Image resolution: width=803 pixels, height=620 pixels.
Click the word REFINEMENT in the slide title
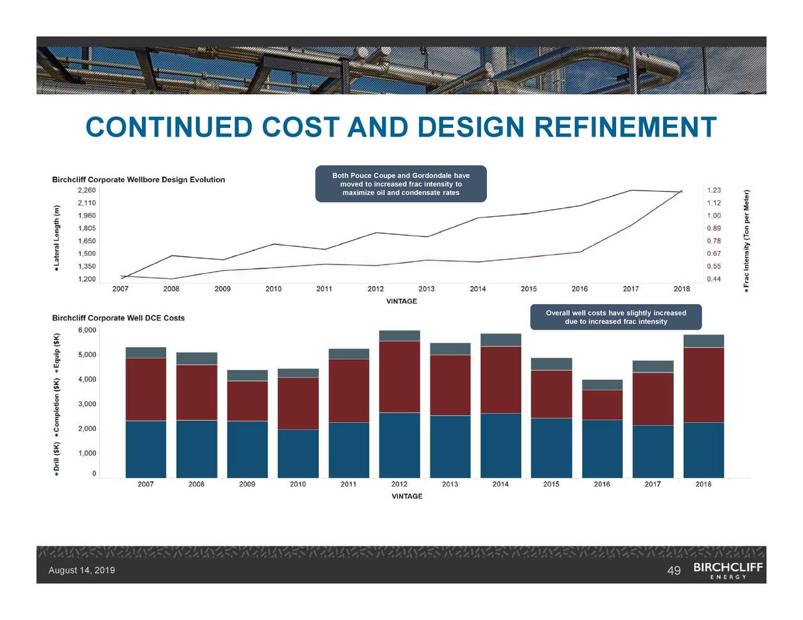coord(625,127)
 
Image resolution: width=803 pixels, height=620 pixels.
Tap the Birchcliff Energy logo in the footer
coord(728,570)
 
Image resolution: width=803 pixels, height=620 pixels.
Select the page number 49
coord(674,570)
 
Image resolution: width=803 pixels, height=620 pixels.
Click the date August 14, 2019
coord(82,570)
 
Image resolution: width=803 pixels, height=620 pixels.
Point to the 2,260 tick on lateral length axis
coord(87,190)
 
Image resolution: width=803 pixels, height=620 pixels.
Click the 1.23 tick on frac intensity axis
coord(714,191)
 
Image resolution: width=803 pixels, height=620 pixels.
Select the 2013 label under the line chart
coord(427,289)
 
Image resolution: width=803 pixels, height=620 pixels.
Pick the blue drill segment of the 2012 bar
coord(400,444)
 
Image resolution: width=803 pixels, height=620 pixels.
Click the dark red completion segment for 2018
coord(703,384)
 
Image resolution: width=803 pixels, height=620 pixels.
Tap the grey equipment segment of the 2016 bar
coord(602,385)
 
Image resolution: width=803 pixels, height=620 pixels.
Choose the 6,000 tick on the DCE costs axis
coord(87,330)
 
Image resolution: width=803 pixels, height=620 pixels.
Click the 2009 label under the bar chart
coord(247,485)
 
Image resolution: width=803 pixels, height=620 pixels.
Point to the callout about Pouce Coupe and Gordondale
coord(401,184)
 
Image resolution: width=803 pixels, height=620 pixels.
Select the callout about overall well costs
coord(615,317)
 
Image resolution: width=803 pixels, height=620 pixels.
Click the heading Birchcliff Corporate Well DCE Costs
coord(119,318)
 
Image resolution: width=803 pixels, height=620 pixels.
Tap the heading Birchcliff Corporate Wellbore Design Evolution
coord(138,180)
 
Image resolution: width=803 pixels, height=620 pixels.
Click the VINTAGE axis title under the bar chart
coord(407,497)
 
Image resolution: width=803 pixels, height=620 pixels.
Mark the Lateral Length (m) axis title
coord(56,238)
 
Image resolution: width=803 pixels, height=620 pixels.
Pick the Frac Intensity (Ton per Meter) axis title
coord(747,238)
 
